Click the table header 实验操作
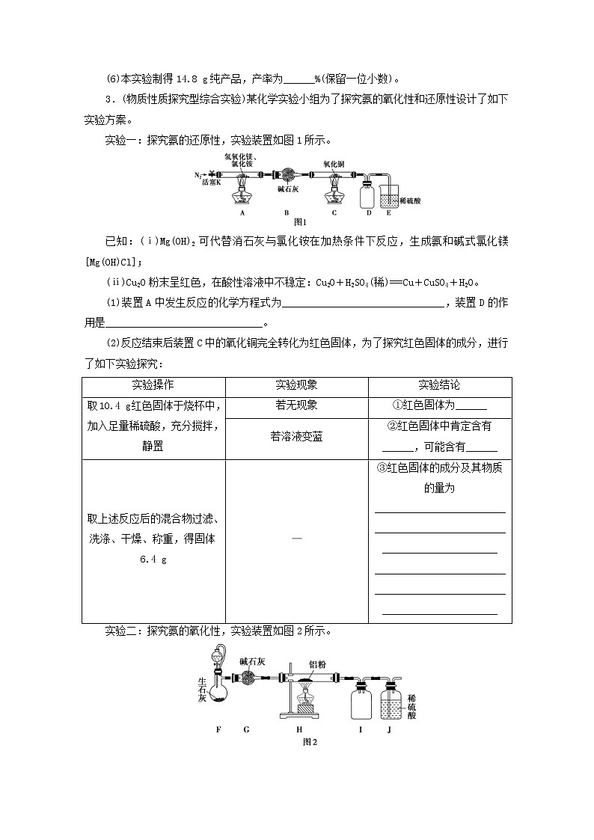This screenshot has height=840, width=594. pyautogui.click(x=153, y=385)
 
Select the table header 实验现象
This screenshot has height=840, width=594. pyautogui.click(x=296, y=385)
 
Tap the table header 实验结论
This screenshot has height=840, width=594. pyautogui.click(x=440, y=385)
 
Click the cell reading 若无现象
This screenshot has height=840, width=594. pyautogui.click(x=296, y=405)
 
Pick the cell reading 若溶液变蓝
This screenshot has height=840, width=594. pyautogui.click(x=296, y=437)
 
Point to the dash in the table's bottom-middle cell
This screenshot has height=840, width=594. pyautogui.click(x=296, y=539)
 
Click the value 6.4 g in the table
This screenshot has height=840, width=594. pyautogui.click(x=153, y=559)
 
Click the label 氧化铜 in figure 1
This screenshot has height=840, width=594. pyautogui.click(x=334, y=162)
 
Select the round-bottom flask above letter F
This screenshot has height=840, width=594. pyautogui.click(x=219, y=692)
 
